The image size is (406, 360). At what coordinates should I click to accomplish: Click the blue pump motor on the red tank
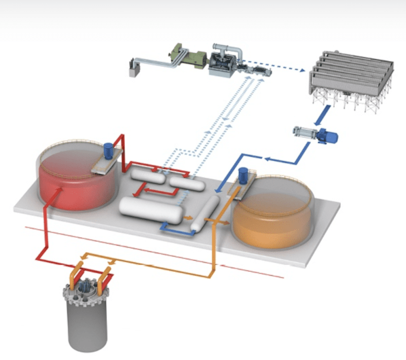click(109, 150)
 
